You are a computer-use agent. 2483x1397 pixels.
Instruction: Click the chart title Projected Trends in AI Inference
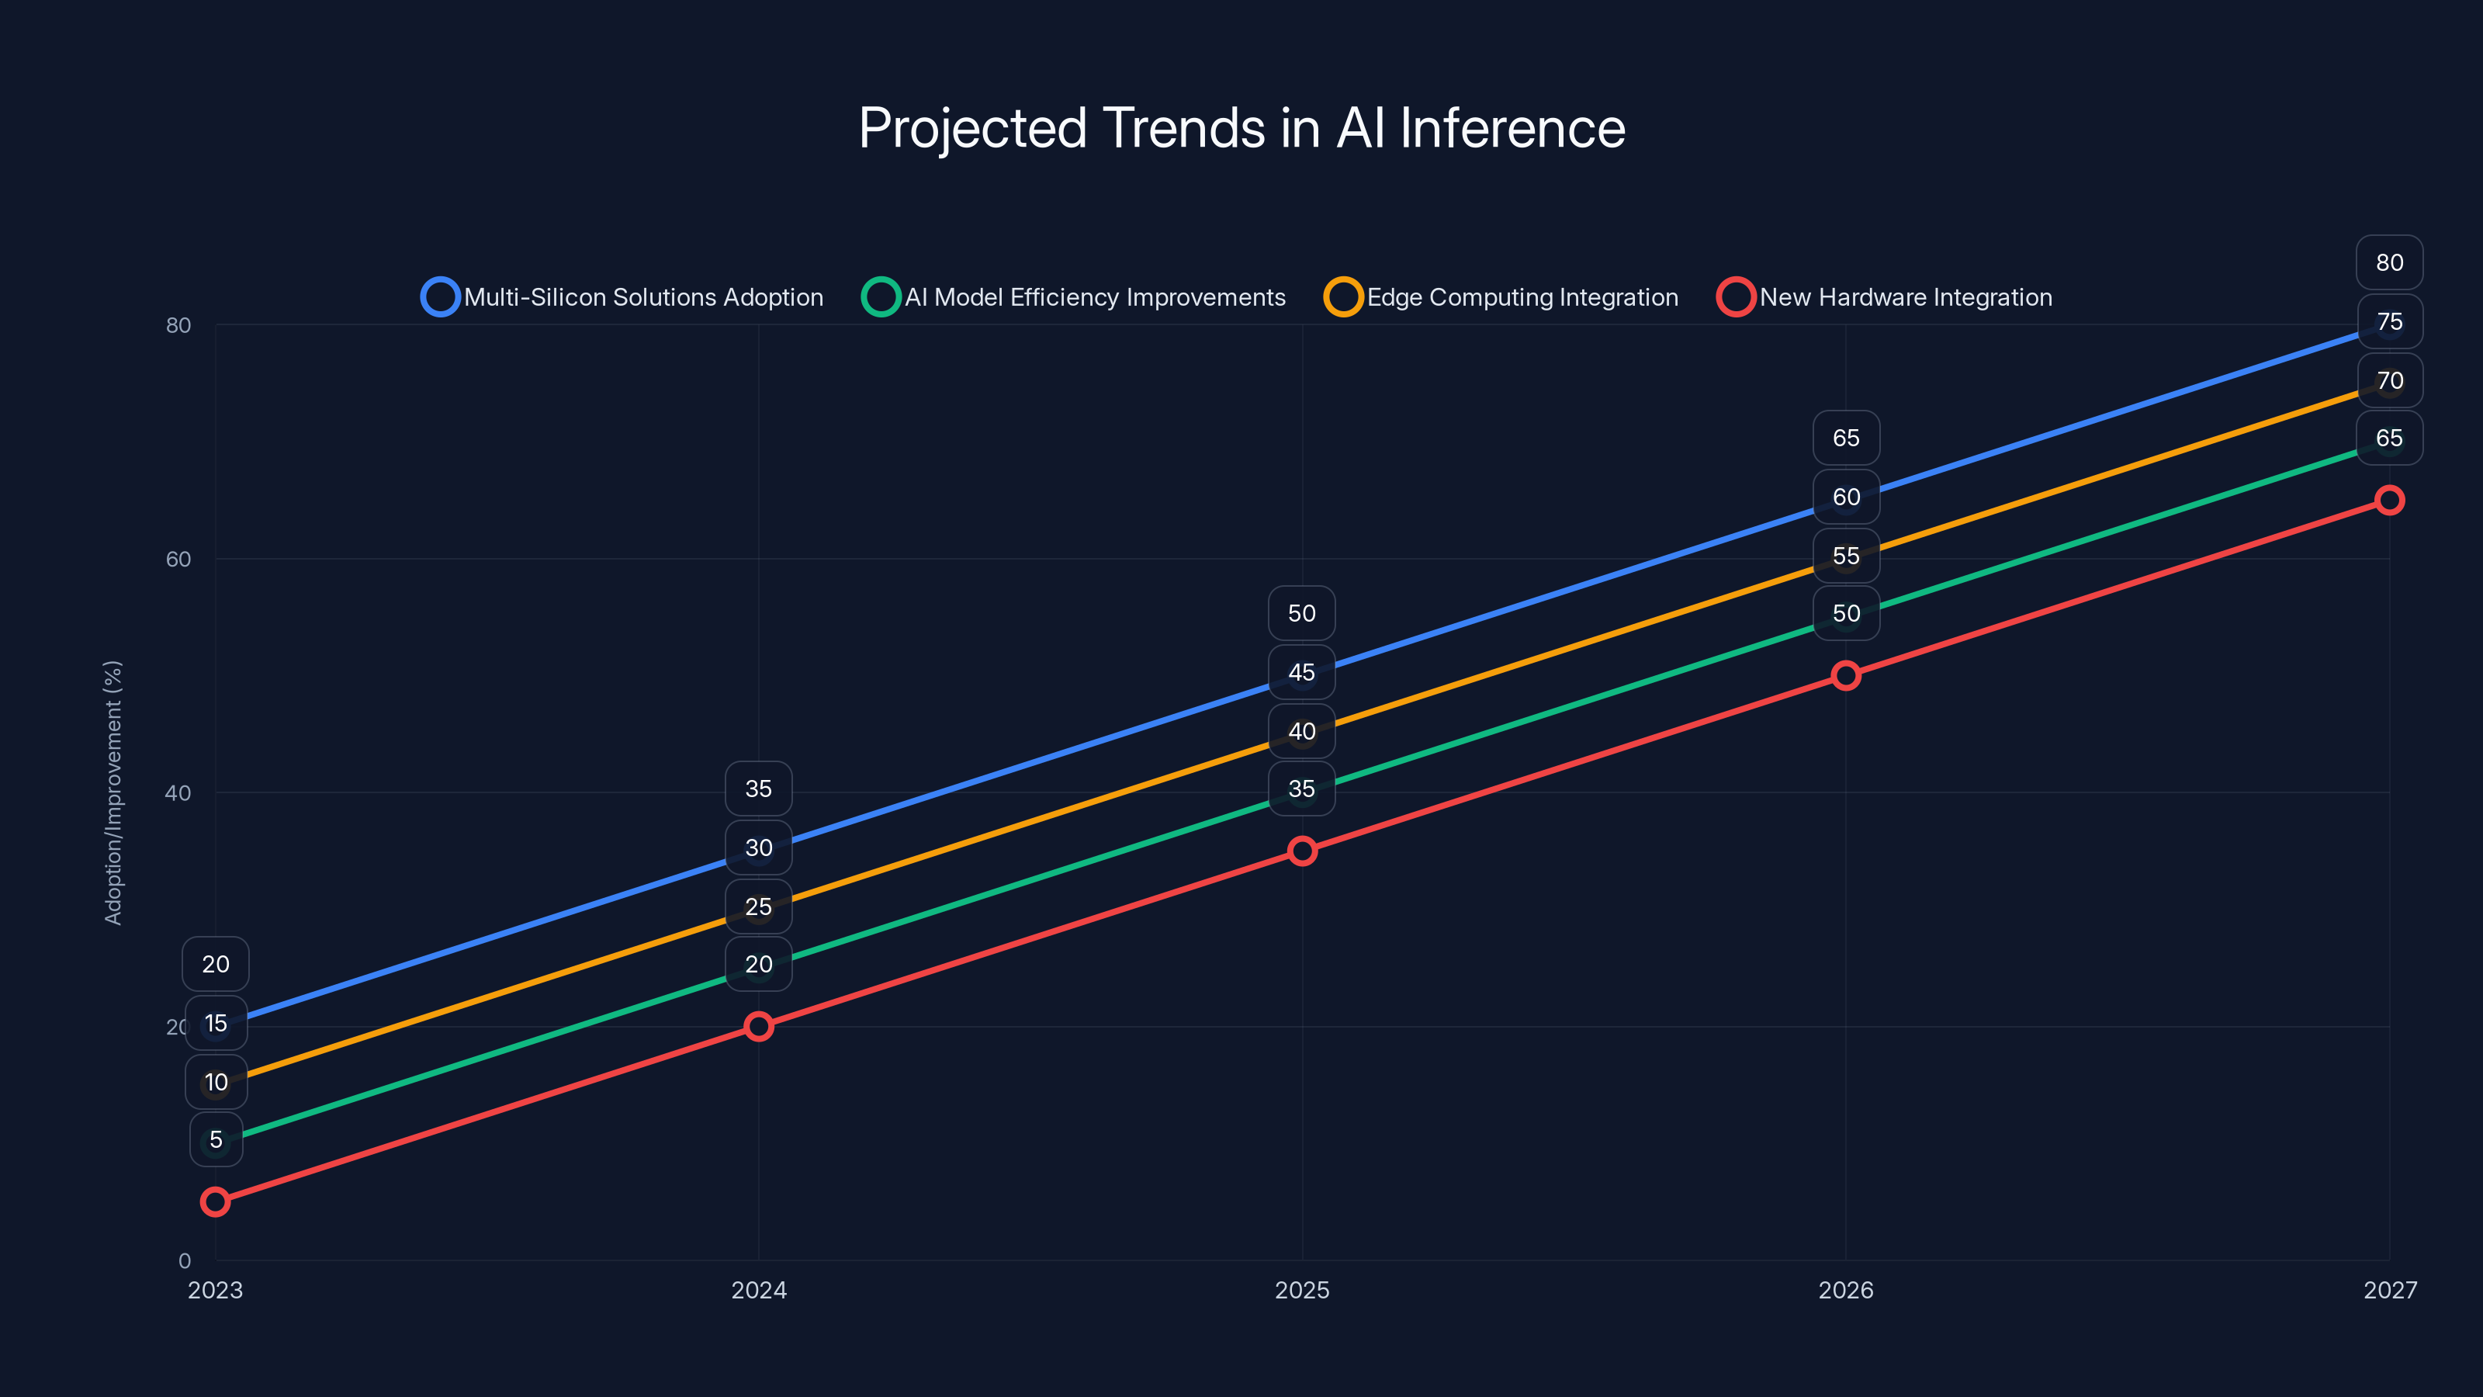coord(1241,128)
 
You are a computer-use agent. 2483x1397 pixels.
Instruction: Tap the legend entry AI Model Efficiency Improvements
coord(1074,297)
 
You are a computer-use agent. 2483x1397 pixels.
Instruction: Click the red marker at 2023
coord(215,1201)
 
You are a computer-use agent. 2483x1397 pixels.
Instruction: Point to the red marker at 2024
coord(759,1026)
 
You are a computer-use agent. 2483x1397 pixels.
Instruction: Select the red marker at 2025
coord(1302,851)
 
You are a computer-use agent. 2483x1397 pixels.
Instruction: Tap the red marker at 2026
coord(1846,675)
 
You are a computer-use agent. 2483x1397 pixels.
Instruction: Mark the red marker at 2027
coord(2390,499)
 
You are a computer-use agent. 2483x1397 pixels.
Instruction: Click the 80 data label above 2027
coord(2390,262)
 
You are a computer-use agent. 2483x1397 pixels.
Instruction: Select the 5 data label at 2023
coord(216,1139)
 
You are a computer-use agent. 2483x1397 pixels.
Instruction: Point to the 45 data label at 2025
coord(1302,672)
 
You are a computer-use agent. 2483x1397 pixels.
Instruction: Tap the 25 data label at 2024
coord(759,906)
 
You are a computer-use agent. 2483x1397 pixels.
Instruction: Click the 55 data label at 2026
coord(1846,556)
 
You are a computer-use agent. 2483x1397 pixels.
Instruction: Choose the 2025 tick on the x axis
coord(1302,1290)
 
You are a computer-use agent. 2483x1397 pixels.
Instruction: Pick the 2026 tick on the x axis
coord(1846,1290)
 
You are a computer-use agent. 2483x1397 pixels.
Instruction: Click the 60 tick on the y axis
coord(178,559)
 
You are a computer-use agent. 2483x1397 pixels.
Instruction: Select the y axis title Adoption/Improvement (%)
coord(114,792)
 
